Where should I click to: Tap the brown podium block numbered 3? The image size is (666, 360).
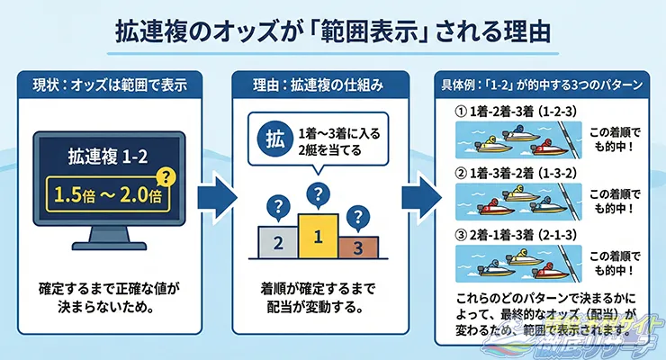(356, 246)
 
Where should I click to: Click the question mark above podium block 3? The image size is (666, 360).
(357, 216)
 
